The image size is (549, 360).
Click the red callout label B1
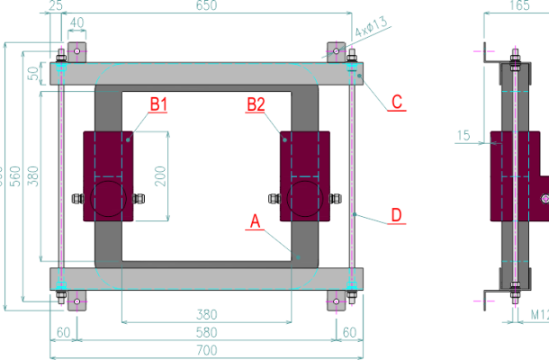pos(158,105)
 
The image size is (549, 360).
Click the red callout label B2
pos(256,105)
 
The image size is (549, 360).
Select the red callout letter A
pos(254,220)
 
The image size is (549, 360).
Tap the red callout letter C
pos(396,103)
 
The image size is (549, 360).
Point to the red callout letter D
pos(395,216)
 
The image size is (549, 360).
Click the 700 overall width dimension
pos(206,349)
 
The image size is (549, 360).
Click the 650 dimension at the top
pos(206,6)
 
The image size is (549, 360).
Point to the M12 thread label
pos(538,314)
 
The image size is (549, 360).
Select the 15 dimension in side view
pos(463,135)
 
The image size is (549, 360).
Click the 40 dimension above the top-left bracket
pos(77,22)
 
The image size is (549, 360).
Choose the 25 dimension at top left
pos(56,6)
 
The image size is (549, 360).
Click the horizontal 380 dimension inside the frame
pos(206,314)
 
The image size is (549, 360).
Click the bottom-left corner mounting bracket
pos(76,301)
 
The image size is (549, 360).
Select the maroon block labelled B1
pos(108,176)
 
